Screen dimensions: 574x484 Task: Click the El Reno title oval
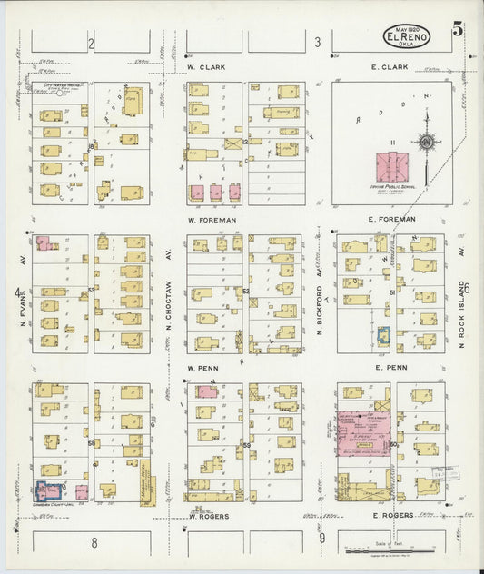pos(407,36)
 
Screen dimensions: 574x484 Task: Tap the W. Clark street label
pos(206,67)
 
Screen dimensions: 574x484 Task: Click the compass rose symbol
pos(425,142)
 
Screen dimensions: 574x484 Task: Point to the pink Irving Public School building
pos(391,168)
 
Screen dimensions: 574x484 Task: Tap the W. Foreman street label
pos(211,220)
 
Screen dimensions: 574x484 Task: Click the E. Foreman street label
pos(392,220)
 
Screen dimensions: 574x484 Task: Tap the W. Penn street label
pos(203,368)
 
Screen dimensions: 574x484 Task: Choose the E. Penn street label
pos(390,368)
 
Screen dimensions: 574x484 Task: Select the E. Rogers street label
pos(392,515)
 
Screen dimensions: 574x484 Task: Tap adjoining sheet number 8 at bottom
pos(94,541)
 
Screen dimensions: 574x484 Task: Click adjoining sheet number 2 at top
pos(91,43)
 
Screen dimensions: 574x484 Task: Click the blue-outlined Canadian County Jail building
pos(46,490)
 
